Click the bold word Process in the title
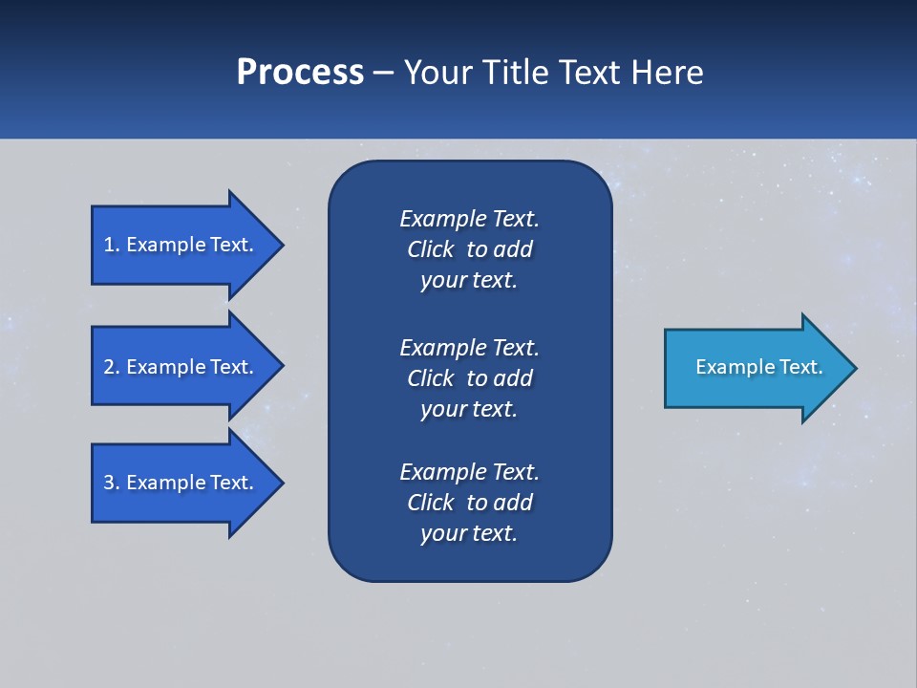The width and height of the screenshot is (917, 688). [300, 73]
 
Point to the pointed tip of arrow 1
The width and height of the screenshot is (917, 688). [281, 245]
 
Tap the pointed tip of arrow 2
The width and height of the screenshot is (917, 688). [281, 367]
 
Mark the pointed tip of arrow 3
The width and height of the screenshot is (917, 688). [281, 483]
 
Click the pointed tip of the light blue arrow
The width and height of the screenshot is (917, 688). [854, 367]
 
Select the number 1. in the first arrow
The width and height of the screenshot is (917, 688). [112, 245]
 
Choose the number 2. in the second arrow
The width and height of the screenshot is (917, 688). [112, 367]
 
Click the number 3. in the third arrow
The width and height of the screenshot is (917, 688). [112, 483]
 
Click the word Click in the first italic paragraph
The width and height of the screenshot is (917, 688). [430, 250]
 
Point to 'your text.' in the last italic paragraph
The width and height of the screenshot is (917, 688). [468, 533]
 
